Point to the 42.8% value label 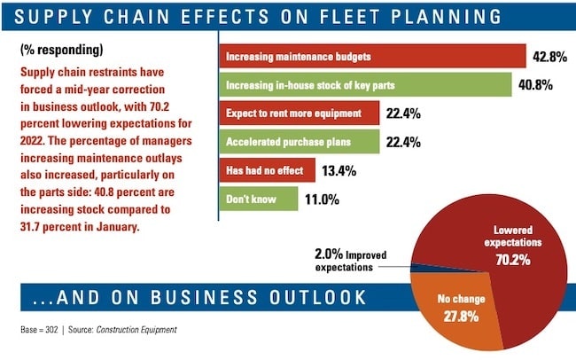tap(550, 57)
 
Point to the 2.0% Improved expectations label tap(340, 258)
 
